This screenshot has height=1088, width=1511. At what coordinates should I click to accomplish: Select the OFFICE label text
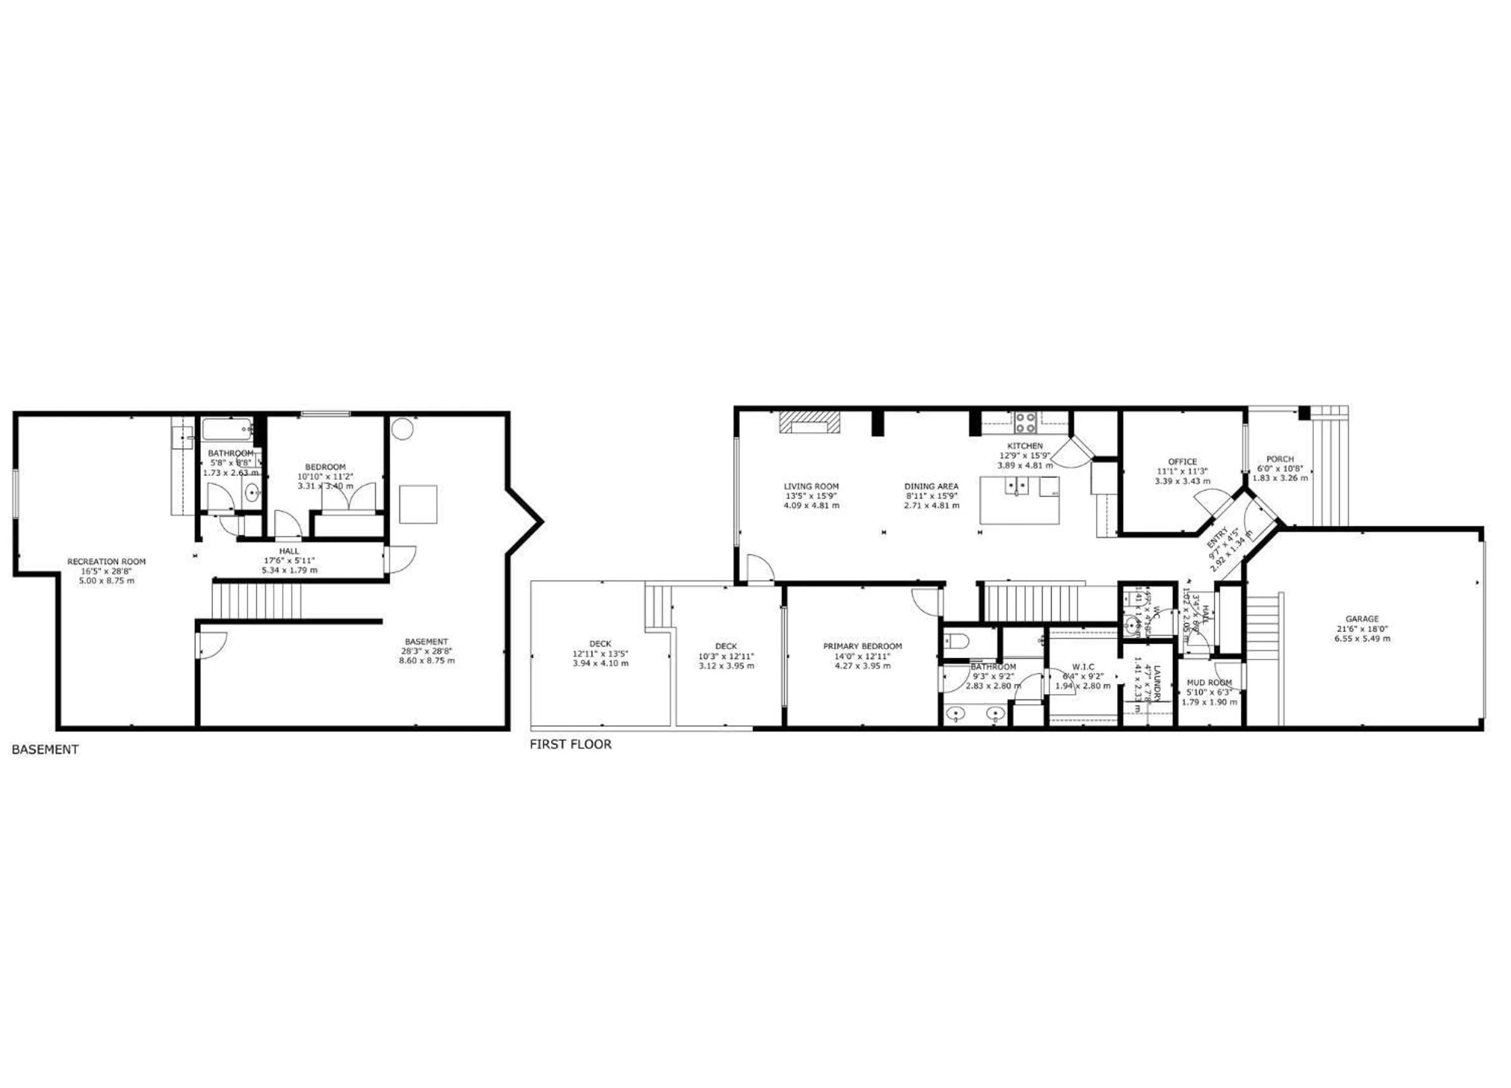click(x=1182, y=462)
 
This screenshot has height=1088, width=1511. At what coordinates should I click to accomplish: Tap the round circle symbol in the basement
click(x=403, y=429)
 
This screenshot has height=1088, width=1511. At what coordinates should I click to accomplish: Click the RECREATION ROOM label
click(x=107, y=562)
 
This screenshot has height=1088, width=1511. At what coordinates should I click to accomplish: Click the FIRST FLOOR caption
click(x=570, y=744)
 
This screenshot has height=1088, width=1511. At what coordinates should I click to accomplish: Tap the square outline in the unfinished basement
click(x=418, y=504)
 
